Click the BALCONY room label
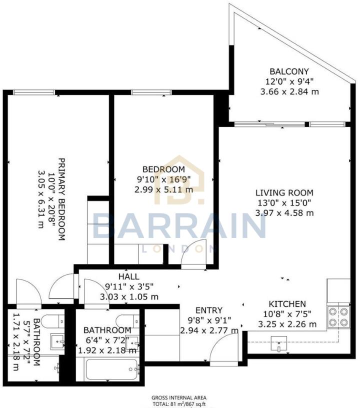[x=289, y=71]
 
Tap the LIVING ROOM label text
[x=284, y=192]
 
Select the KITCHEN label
[x=287, y=303]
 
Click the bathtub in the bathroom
[x=111, y=368]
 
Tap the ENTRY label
[x=209, y=310]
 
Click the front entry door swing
[x=223, y=348]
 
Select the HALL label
[x=129, y=276]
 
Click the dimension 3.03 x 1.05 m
[x=129, y=296]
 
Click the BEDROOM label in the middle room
[x=163, y=169]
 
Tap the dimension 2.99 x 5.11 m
[x=163, y=189]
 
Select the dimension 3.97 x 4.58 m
[x=284, y=213]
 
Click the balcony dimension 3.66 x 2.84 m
[x=289, y=91]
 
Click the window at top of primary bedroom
[x=34, y=92]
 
